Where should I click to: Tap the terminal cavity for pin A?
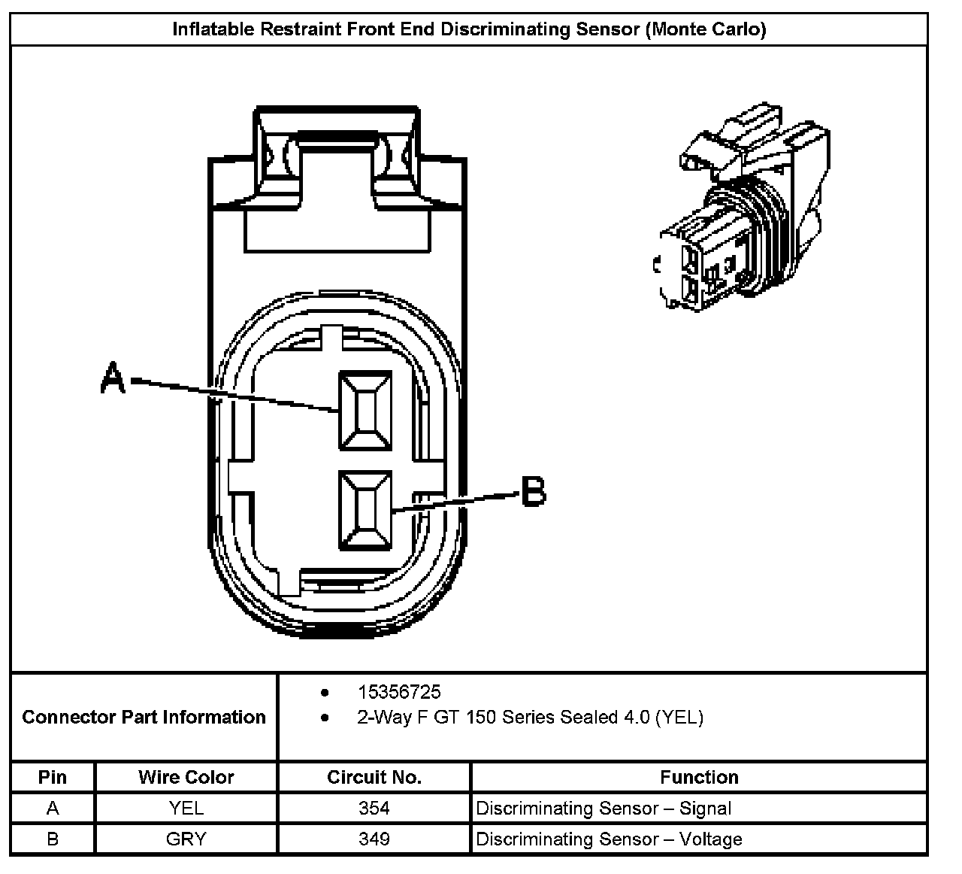click(x=365, y=411)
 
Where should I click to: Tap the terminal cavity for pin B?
click(x=365, y=509)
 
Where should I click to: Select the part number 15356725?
click(x=399, y=692)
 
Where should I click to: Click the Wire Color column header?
click(x=186, y=777)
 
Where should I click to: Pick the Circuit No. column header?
click(x=374, y=777)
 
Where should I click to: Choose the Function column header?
click(x=699, y=777)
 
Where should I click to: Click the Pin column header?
click(x=53, y=777)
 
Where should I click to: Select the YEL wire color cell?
click(x=186, y=809)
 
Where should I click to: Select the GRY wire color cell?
click(x=186, y=839)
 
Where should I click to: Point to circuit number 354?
click(x=374, y=809)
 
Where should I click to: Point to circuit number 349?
click(x=374, y=839)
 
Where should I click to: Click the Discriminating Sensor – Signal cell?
click(x=604, y=809)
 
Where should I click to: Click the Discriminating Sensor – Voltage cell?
click(x=609, y=839)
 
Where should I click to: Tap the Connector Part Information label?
click(x=144, y=717)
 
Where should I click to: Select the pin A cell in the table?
click(x=53, y=809)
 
